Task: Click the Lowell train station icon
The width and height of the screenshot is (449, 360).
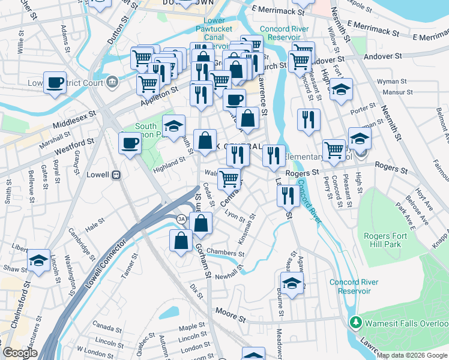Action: tap(117, 175)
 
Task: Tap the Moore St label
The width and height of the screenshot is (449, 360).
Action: tap(228, 312)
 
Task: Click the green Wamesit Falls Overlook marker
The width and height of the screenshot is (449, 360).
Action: tap(355, 323)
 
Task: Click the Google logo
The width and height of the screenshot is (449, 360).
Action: tap(20, 353)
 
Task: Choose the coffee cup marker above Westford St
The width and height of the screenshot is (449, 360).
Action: tap(130, 143)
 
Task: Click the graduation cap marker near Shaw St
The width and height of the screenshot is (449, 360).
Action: tap(38, 261)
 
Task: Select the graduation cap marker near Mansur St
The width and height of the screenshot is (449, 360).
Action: tap(341, 89)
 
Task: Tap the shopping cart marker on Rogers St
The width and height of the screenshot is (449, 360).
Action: tap(334, 150)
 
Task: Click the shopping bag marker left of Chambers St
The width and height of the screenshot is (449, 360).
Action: tap(181, 241)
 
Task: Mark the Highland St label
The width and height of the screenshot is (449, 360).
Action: tap(169, 162)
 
